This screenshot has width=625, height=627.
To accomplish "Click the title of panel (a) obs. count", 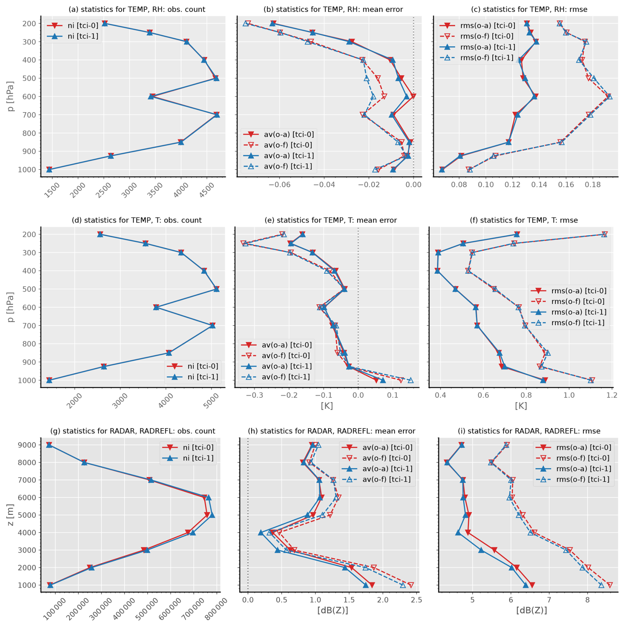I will [x=137, y=9].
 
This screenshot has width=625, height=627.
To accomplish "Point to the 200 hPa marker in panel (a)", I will [x=105, y=23].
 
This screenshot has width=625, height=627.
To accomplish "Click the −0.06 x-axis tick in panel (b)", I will [x=279, y=185].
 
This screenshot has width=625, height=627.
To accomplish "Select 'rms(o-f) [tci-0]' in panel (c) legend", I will [x=488, y=36].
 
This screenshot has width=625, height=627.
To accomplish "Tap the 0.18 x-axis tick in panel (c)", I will [x=593, y=185].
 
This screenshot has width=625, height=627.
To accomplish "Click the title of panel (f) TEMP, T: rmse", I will [x=524, y=220].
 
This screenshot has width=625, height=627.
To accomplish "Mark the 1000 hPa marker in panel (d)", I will [x=49, y=380].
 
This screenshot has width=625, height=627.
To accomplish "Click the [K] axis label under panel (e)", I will [x=327, y=406].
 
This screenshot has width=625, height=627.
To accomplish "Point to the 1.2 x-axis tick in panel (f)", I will [x=612, y=395].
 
